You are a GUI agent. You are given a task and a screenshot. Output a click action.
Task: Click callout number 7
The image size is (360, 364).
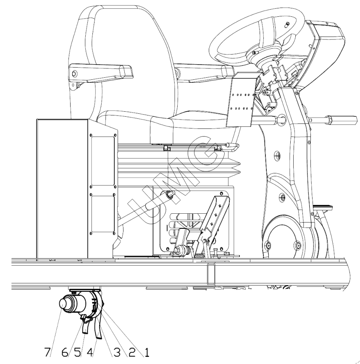[x=47, y=352]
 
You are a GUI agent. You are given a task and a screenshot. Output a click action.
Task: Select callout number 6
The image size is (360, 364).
[x=65, y=352]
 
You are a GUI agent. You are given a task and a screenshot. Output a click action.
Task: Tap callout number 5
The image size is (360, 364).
[x=77, y=352]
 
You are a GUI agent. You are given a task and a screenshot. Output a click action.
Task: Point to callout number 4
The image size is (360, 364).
[x=90, y=352]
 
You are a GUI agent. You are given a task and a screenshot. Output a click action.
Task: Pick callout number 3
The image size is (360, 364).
[x=117, y=352]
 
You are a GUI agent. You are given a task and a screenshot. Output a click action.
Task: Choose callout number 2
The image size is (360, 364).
[x=132, y=352]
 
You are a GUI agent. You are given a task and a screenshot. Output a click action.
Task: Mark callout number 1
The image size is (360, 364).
[x=147, y=352]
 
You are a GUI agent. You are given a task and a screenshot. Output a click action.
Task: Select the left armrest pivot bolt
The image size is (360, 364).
[x=74, y=74]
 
